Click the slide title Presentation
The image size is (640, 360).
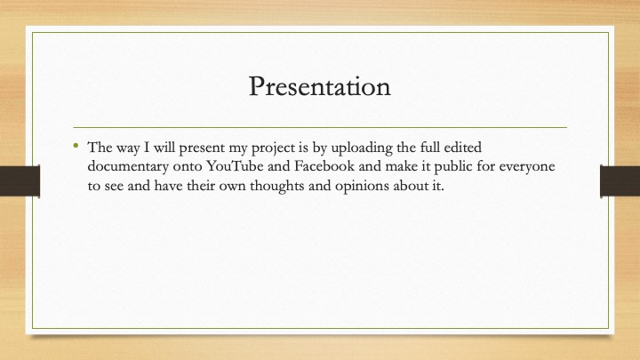click(x=320, y=86)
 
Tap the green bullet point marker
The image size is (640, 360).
click(x=76, y=145)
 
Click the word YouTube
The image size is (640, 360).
click(x=235, y=166)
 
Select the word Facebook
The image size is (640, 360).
click(x=324, y=166)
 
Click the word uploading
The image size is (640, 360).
click(x=361, y=148)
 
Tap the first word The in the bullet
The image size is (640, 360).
click(x=99, y=147)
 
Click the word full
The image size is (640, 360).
click(x=430, y=147)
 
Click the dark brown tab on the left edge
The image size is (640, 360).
click(x=20, y=181)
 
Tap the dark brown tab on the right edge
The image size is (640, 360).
click(x=620, y=181)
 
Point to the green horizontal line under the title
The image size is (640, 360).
click(x=320, y=127)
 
